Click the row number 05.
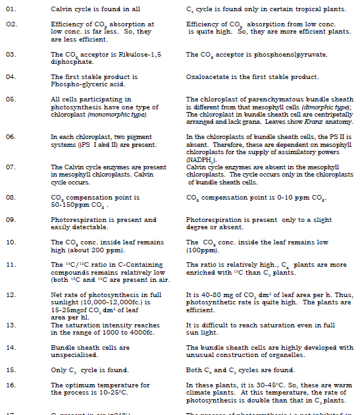click(x=10, y=99)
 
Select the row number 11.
click(x=10, y=265)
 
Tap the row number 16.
click(x=10, y=385)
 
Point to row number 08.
click(x=10, y=197)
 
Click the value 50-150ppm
click(x=70, y=204)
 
